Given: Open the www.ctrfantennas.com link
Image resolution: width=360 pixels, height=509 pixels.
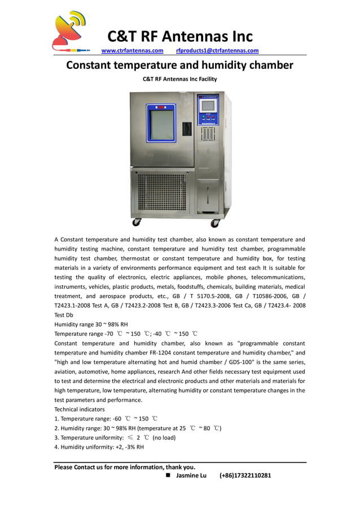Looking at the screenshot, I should tap(132, 51).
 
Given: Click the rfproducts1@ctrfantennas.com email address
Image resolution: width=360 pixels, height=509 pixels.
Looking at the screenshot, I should tap(217, 51).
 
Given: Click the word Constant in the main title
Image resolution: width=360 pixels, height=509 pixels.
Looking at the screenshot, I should tap(93, 65).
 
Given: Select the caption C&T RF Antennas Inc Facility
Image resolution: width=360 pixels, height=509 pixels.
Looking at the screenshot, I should tap(179, 79).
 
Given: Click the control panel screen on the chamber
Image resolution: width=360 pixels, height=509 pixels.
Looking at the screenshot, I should tap(208, 106).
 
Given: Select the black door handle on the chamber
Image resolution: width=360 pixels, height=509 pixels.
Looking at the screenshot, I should tap(187, 129).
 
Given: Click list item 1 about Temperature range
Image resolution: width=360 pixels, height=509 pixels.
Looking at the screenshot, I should tap(106, 419).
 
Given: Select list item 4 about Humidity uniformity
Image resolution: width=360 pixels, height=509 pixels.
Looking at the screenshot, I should tap(99, 447).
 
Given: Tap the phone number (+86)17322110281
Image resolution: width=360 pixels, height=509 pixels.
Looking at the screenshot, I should tap(245, 476).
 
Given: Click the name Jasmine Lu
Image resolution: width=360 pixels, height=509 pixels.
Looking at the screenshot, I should tap(191, 476).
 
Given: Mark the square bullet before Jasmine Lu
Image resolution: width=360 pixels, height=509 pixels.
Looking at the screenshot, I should tap(168, 476).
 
